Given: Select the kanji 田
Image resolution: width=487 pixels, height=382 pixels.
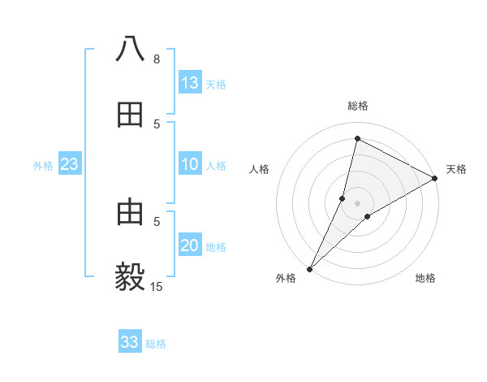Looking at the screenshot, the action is pos(130,115).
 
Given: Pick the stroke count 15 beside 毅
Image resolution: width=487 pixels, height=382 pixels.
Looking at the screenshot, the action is pos(157,286).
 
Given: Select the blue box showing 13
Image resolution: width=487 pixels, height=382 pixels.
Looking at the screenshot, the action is pos(190,83).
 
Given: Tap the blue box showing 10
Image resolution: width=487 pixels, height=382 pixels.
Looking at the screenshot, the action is pos(190,164).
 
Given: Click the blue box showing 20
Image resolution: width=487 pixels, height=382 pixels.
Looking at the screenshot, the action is pos(190,245).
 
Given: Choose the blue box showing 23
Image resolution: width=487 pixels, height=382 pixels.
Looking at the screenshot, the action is pos(70,164).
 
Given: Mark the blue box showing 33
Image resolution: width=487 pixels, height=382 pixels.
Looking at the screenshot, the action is pos(130,342).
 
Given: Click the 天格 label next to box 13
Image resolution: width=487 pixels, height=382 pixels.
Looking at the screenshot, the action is pos(216,85).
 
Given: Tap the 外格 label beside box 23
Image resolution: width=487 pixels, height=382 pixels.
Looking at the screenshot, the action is pos(43,166).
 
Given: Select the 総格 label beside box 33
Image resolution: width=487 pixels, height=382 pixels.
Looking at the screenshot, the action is pos(156,344).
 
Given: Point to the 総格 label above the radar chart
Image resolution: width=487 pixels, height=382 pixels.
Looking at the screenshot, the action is pos(358,106).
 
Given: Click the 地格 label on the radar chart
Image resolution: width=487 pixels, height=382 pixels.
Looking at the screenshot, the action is pos(425,279).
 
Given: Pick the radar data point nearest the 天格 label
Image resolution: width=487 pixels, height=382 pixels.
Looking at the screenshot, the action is pos(435,178).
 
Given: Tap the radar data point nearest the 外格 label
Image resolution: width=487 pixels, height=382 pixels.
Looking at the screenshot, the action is pos(310,268).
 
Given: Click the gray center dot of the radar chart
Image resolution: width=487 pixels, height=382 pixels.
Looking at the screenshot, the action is pos(358,202).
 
